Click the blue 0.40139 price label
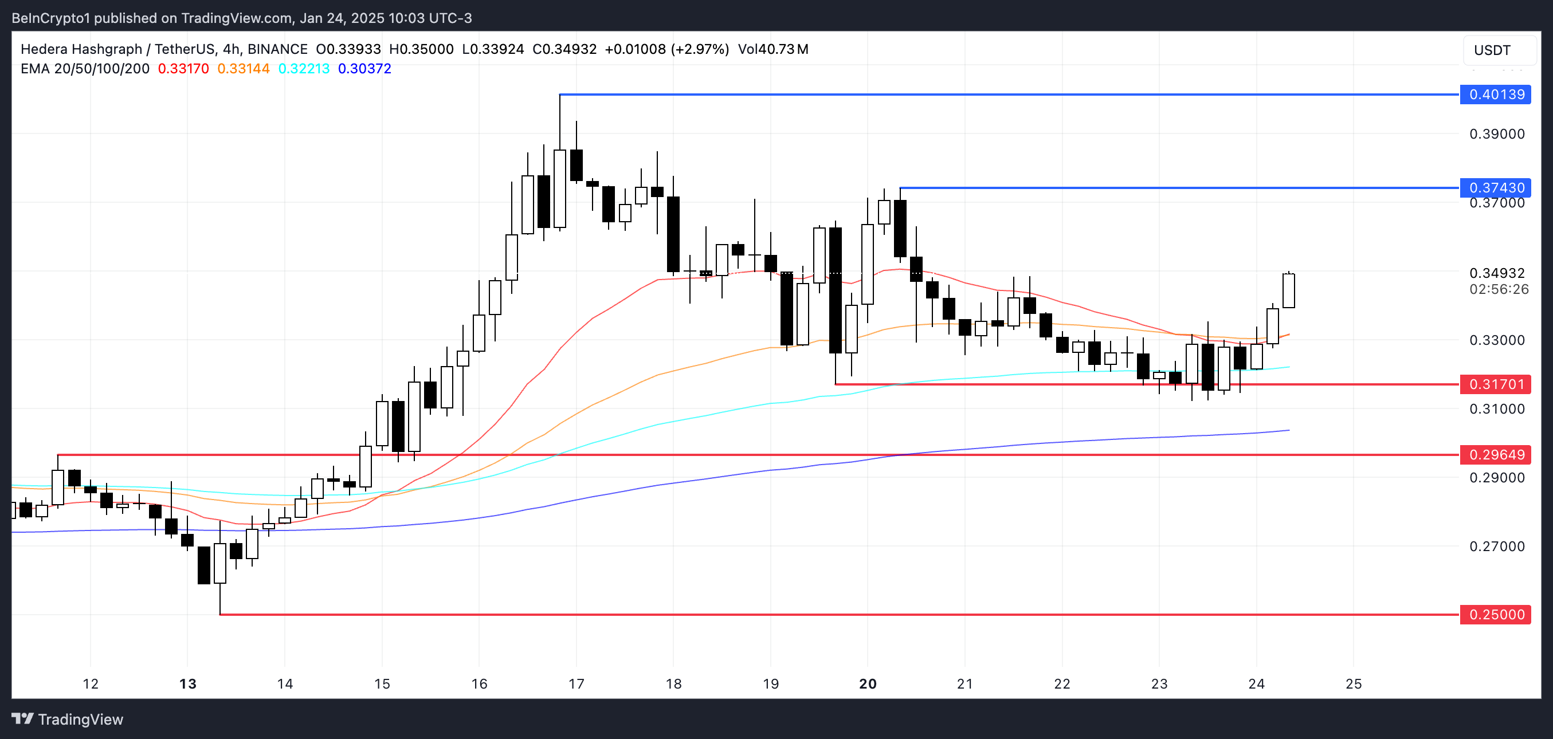[1496, 95]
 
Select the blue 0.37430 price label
[1496, 188]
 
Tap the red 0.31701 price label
[1496, 384]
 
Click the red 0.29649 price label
[1496, 455]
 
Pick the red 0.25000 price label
[1496, 615]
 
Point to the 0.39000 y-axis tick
[1497, 134]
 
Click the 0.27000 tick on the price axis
[1497, 547]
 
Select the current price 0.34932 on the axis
[1497, 273]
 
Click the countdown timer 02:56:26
[1499, 289]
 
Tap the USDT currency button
[1492, 50]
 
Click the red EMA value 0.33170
[183, 69]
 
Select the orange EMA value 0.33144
[244, 69]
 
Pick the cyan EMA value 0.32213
[304, 69]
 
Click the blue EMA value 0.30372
[364, 69]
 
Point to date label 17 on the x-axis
[577, 684]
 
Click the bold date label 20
[868, 684]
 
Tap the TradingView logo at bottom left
[68, 719]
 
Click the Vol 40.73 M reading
[773, 49]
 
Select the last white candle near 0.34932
[1289, 291]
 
